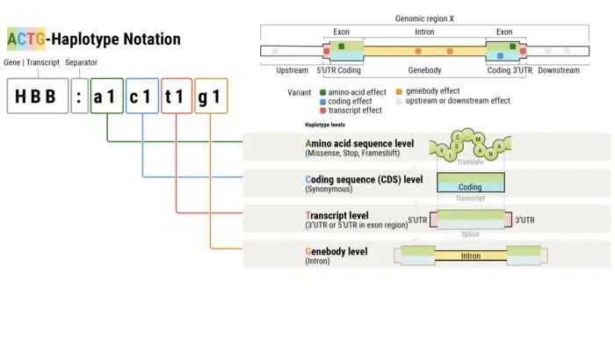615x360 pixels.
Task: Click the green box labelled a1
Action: (x=107, y=96)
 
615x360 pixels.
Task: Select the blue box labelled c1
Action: (x=142, y=96)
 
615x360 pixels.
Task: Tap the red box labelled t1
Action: (x=177, y=96)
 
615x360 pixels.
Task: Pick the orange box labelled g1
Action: (x=211, y=96)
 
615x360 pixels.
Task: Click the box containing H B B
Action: (x=37, y=96)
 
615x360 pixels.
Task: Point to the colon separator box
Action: (x=79, y=96)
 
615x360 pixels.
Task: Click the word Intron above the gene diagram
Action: (x=423, y=32)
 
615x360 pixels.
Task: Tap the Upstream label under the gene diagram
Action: (x=292, y=70)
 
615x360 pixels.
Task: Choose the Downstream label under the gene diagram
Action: (x=559, y=70)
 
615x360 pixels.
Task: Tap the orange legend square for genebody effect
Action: (x=399, y=91)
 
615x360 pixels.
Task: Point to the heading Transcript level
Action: (x=336, y=215)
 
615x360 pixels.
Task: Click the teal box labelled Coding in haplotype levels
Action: (x=470, y=187)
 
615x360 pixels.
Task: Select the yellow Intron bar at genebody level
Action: (x=470, y=256)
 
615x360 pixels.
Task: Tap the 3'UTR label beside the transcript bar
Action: (x=525, y=220)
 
